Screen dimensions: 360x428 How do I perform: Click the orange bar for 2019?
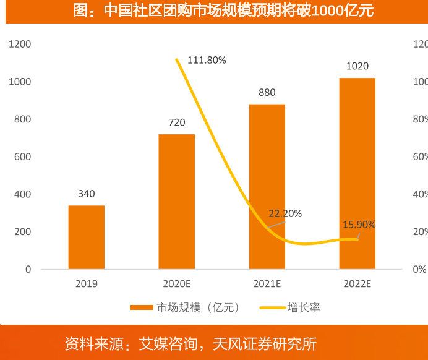point(86,237)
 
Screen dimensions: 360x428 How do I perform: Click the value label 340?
point(86,194)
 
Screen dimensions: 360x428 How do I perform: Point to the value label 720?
point(176,122)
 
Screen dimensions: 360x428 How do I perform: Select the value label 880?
point(267,93)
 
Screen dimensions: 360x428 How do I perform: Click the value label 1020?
point(357,66)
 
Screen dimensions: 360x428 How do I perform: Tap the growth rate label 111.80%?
point(207,60)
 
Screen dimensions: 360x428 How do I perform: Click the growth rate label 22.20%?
point(285,214)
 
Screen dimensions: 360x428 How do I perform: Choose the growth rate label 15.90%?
point(359,225)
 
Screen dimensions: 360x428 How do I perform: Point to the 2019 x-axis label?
point(86,284)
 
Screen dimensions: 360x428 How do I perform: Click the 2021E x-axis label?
point(267,284)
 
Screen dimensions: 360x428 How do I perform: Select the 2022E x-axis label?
point(357,284)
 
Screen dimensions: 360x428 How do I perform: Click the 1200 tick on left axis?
point(19,45)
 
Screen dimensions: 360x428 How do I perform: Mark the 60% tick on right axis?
point(420,157)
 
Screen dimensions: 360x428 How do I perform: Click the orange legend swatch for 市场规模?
point(141,307)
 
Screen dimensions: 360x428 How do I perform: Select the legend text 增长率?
point(304,307)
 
